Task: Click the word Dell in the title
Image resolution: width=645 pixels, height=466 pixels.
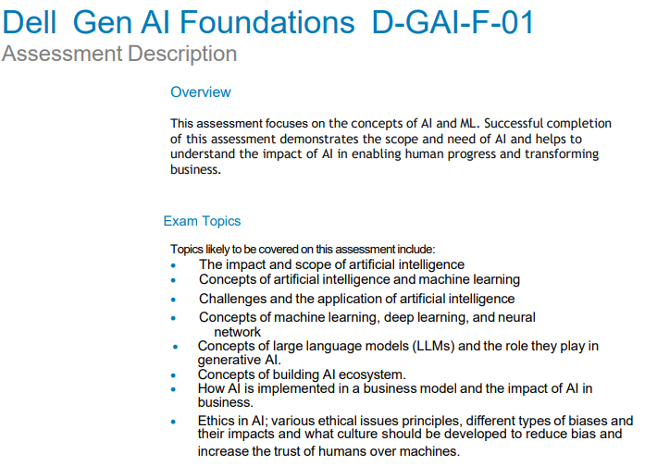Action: coord(30,22)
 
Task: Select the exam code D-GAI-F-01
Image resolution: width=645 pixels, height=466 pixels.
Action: coord(453,22)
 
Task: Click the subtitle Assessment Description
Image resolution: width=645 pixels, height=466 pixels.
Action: coord(119,54)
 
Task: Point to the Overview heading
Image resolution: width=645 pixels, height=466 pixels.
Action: coord(201,92)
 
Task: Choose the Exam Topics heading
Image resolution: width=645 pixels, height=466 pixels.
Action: coord(202,221)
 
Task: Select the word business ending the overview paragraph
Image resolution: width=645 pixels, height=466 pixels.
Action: coord(195,169)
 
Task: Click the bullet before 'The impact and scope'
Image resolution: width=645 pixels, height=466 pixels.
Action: coord(173,265)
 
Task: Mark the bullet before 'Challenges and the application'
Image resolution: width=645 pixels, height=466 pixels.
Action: coord(173,300)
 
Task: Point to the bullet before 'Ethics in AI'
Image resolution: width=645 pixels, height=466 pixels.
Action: coord(173,422)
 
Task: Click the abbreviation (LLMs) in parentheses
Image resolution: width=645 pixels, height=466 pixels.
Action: coord(433,346)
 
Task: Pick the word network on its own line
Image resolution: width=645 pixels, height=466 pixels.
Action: coord(237,332)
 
